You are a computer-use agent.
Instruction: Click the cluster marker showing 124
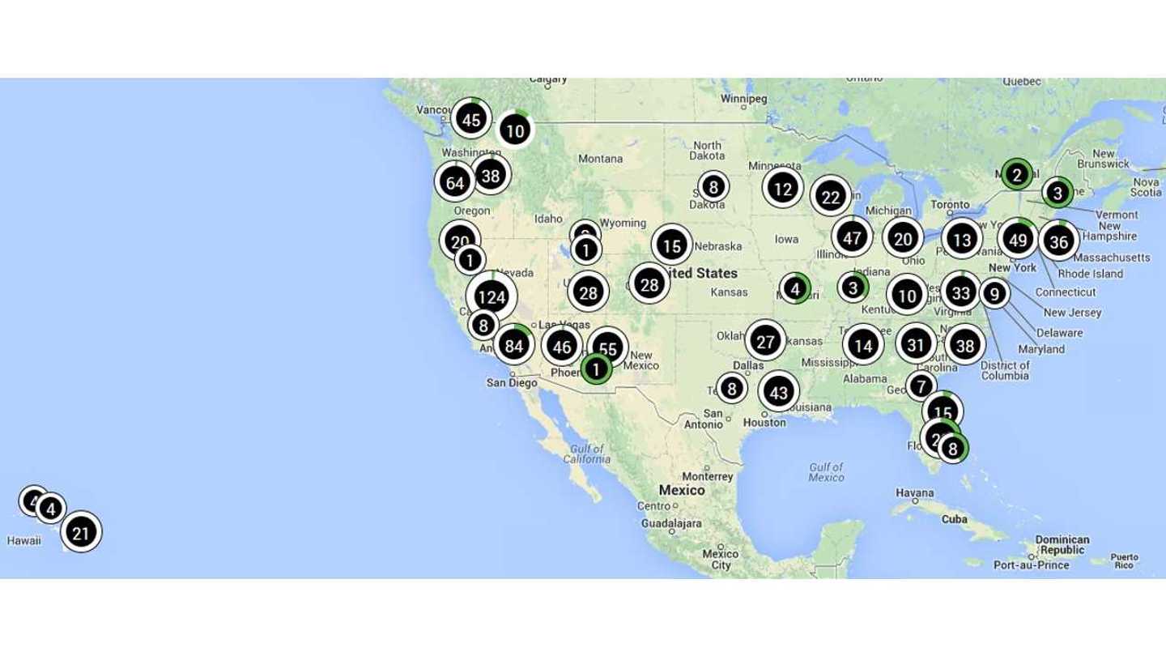click(x=492, y=296)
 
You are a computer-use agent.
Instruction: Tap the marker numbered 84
click(x=514, y=346)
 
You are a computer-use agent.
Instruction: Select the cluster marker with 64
click(x=455, y=182)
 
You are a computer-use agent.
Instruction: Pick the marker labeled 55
click(x=608, y=349)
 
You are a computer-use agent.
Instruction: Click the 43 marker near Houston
click(x=778, y=393)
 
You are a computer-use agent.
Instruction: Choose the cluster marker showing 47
click(x=852, y=238)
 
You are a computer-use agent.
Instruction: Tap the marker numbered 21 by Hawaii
click(x=81, y=533)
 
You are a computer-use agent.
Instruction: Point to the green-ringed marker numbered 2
click(x=1015, y=173)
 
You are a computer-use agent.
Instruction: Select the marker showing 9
click(x=994, y=294)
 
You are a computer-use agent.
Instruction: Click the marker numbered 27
click(x=765, y=342)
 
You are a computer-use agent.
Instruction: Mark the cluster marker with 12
click(x=782, y=190)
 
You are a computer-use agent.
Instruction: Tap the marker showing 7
click(x=921, y=385)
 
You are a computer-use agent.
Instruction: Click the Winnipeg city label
click(x=743, y=100)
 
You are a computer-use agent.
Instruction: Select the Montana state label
click(x=600, y=159)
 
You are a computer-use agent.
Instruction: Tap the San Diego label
click(x=512, y=382)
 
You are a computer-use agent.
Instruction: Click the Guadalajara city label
click(x=671, y=524)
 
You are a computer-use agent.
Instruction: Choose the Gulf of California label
click(x=588, y=454)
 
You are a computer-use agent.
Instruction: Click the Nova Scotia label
click(x=1146, y=187)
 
